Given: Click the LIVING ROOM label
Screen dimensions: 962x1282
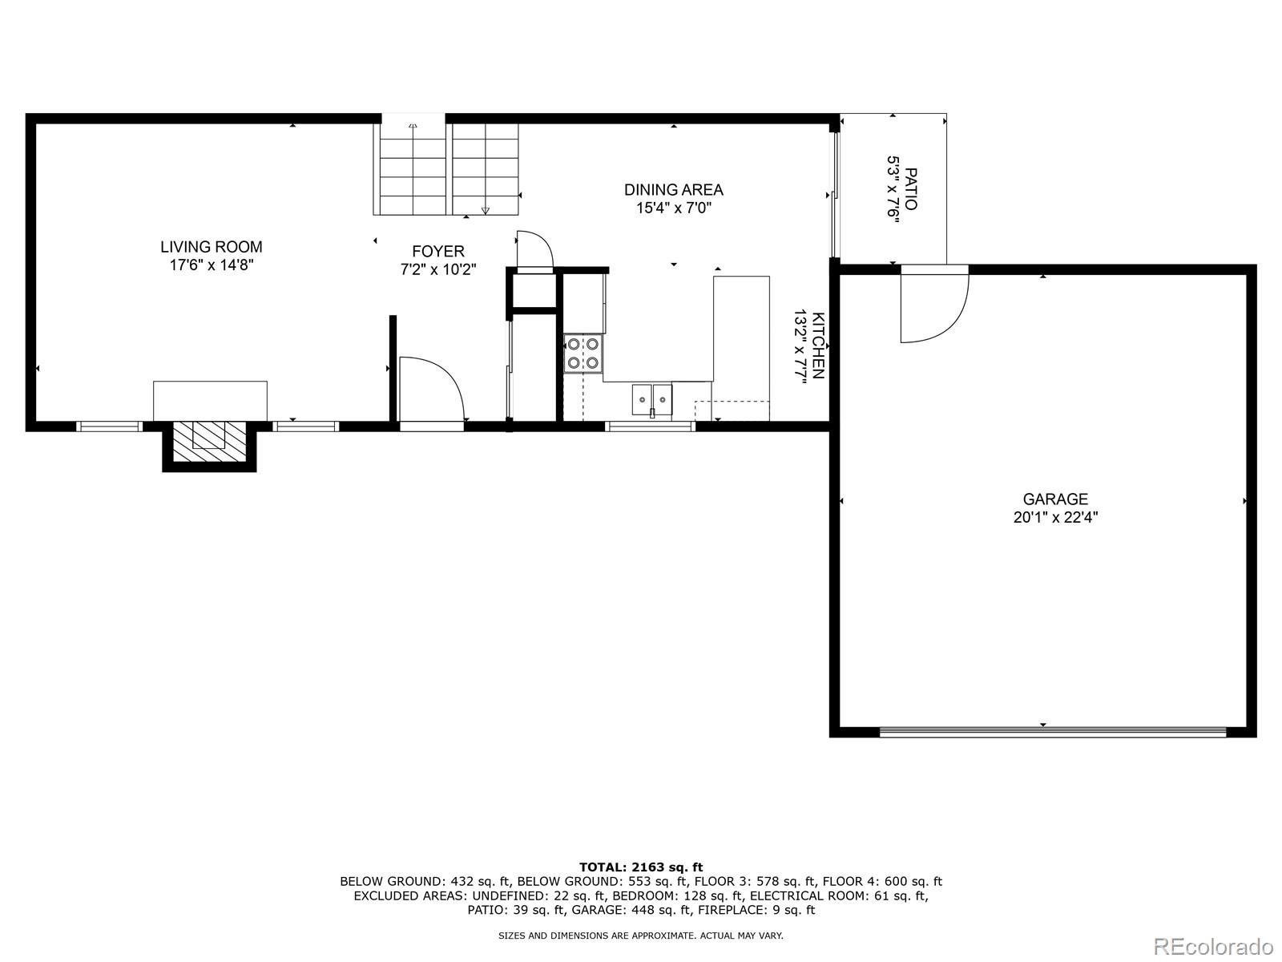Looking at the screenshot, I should [x=211, y=247].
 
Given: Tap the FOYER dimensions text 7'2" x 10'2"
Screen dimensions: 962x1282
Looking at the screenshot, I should [x=438, y=270].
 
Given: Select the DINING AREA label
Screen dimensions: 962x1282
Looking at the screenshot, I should [x=673, y=190].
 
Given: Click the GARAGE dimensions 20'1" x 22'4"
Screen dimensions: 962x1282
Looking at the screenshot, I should [x=1054, y=518].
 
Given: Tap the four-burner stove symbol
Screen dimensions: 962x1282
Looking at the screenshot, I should [x=583, y=354].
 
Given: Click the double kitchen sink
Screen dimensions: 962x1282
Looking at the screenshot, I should [x=652, y=398].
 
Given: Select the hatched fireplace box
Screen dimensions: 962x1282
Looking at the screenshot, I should [x=209, y=441].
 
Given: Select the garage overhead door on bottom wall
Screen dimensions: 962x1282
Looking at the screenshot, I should [x=1052, y=731].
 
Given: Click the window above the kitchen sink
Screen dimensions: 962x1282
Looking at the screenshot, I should [x=649, y=426].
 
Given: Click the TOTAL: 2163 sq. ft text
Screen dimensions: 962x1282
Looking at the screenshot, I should [x=640, y=867].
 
